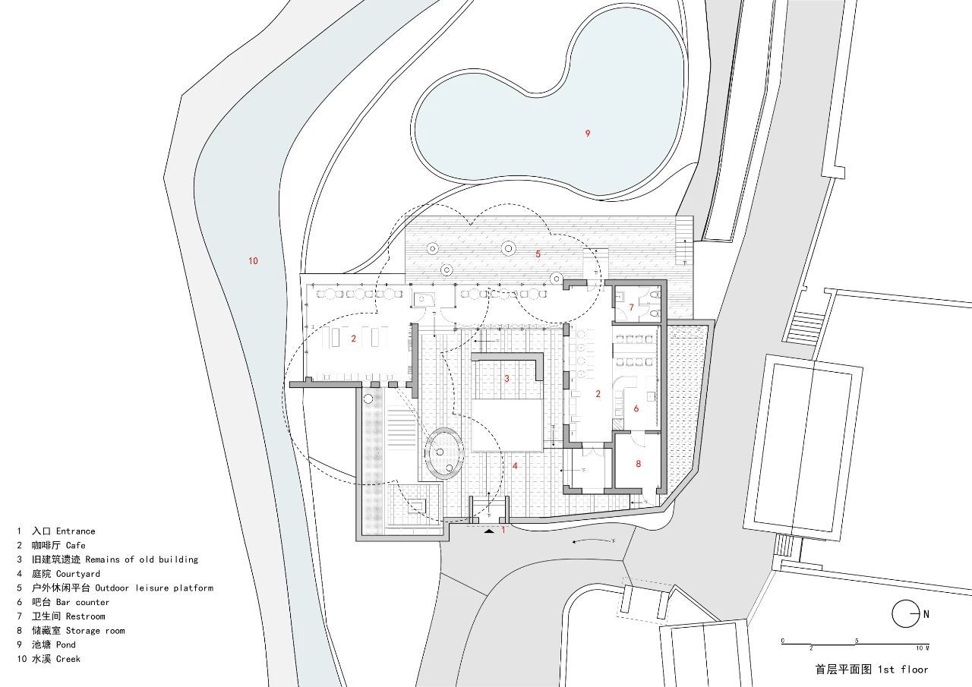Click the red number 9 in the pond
pyautogui.click(x=588, y=133)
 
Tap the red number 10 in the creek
pyautogui.click(x=253, y=260)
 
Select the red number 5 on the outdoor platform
pyautogui.click(x=538, y=254)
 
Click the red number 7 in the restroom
pyautogui.click(x=631, y=307)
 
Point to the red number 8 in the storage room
pyautogui.click(x=638, y=464)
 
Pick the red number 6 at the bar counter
pyautogui.click(x=636, y=408)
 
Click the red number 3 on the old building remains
pyautogui.click(x=507, y=379)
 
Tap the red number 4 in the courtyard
pyautogui.click(x=515, y=466)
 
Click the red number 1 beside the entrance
pyautogui.click(x=503, y=530)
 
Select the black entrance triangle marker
pyautogui.click(x=490, y=531)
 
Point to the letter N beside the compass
pyautogui.click(x=926, y=614)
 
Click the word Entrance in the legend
pyautogui.click(x=75, y=531)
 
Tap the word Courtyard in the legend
pyautogui.click(x=78, y=574)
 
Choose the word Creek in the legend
pyautogui.click(x=68, y=659)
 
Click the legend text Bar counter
pyautogui.click(x=83, y=602)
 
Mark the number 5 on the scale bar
pyautogui.click(x=857, y=641)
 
